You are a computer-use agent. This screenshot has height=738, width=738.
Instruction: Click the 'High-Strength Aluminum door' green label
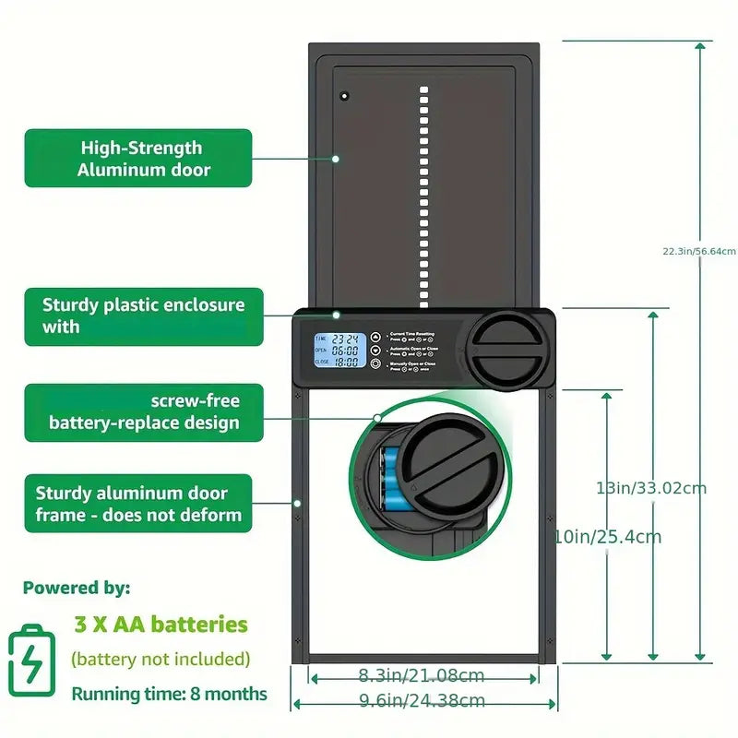coord(138,158)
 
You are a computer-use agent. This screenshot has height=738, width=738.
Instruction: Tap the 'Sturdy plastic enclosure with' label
coord(143,315)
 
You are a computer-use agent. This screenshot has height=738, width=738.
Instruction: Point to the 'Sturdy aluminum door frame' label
coord(138,504)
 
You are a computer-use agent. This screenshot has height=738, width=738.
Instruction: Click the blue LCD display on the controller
coord(337,351)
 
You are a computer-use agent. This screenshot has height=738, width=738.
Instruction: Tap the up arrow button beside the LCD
coord(375,337)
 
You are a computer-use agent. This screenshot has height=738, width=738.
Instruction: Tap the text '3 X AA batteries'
coord(161,625)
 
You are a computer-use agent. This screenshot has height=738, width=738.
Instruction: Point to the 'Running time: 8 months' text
coord(169,694)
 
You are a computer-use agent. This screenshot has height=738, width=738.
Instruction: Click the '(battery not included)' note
coord(161,659)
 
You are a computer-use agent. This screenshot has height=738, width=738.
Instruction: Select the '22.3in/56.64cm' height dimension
coord(698,251)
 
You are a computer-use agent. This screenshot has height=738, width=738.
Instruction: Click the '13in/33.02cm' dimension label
coord(651,487)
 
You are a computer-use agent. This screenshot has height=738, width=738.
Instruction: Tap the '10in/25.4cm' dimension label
coord(606,536)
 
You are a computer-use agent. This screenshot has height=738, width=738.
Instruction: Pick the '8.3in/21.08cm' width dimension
coord(422,676)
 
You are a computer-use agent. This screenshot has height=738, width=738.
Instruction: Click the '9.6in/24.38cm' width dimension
coord(422,701)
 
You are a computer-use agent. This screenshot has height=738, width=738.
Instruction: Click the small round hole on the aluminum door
coord(344,96)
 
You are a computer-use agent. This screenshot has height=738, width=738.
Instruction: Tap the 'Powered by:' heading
coord(77,588)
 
